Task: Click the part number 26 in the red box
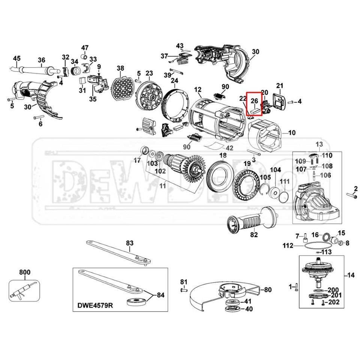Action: (x=254, y=101)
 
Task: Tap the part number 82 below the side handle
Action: (x=254, y=235)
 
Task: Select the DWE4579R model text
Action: (x=94, y=305)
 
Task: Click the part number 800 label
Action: (x=25, y=272)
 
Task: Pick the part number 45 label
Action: (x=16, y=58)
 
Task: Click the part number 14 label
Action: (x=350, y=275)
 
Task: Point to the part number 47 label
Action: (x=85, y=48)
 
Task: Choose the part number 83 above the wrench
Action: (x=129, y=243)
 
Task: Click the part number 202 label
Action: (x=334, y=302)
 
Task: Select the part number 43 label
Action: (x=180, y=46)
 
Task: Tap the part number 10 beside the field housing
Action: (x=292, y=133)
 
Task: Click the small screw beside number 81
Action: (x=184, y=289)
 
